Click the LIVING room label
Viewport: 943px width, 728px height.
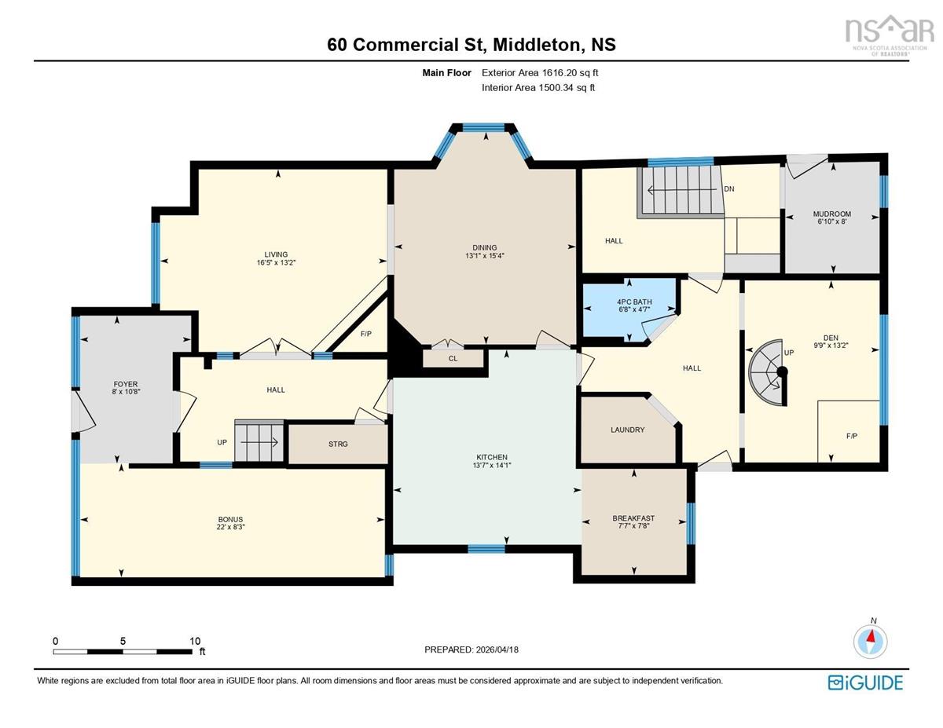(x=275, y=254)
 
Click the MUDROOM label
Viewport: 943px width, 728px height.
(x=831, y=214)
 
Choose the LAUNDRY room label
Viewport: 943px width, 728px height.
(x=627, y=430)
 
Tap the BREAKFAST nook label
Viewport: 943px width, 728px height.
(x=633, y=518)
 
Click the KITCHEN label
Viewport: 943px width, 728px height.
(x=492, y=457)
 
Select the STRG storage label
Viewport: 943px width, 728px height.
(x=337, y=444)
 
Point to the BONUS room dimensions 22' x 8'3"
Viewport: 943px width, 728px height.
(x=230, y=528)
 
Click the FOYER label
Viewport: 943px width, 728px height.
(x=126, y=384)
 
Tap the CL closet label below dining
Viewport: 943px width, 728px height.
(x=453, y=358)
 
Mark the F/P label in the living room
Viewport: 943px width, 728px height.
(x=365, y=334)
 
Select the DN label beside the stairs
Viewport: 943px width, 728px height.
(x=728, y=188)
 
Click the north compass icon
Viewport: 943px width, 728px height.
(x=871, y=639)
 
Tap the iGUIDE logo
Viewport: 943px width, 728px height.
(x=865, y=682)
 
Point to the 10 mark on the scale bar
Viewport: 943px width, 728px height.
(x=195, y=641)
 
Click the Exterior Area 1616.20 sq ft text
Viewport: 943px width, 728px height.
(x=545, y=73)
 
